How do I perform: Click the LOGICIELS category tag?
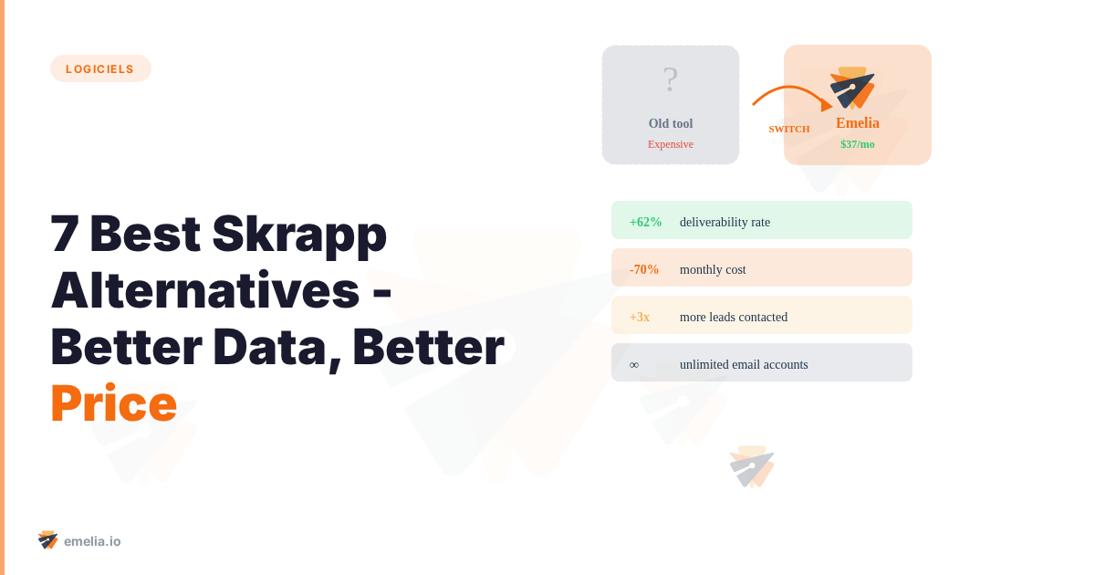click(100, 68)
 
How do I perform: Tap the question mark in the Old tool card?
click(671, 80)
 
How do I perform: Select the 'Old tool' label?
click(671, 123)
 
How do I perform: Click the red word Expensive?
click(671, 144)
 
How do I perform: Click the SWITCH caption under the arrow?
click(789, 129)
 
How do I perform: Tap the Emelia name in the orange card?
click(858, 122)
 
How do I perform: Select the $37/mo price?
click(858, 144)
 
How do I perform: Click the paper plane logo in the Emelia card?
click(852, 88)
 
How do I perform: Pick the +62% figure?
click(645, 222)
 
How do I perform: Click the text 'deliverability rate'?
click(725, 222)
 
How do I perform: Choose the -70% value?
click(644, 269)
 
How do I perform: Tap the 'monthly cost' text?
click(713, 269)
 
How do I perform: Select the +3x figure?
click(640, 317)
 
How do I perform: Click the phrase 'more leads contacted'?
click(734, 317)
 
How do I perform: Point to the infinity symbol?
click(634, 364)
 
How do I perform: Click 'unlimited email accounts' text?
click(744, 364)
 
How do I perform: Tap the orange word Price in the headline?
click(113, 403)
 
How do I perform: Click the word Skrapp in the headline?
click(299, 234)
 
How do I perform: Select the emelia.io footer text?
click(92, 541)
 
